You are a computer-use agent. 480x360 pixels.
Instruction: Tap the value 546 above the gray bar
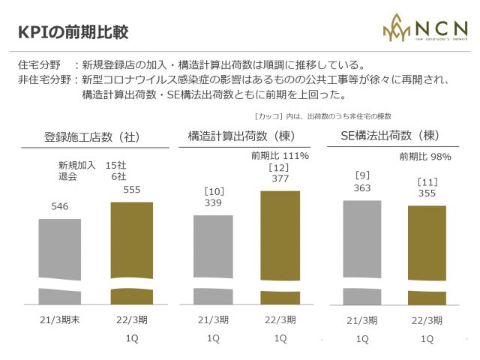pyautogui.click(x=61, y=205)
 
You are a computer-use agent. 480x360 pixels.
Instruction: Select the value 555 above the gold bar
pyautogui.click(x=131, y=190)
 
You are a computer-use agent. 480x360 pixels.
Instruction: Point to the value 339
pyautogui.click(x=213, y=202)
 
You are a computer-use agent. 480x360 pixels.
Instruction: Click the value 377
pyautogui.click(x=279, y=178)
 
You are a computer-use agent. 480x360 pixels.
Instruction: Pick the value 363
pyautogui.click(x=362, y=188)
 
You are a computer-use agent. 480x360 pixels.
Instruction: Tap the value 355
pyautogui.click(x=427, y=193)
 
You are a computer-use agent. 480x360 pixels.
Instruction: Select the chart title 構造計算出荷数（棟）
pyautogui.click(x=241, y=136)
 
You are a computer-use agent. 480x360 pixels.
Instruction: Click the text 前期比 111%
pyautogui.click(x=279, y=156)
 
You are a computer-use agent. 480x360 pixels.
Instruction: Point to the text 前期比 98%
pyautogui.click(x=424, y=157)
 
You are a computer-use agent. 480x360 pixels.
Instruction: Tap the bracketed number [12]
pyautogui.click(x=279, y=167)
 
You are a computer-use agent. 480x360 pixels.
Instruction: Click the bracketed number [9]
pyautogui.click(x=362, y=175)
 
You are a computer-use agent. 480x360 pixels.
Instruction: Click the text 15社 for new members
pyautogui.click(x=116, y=165)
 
